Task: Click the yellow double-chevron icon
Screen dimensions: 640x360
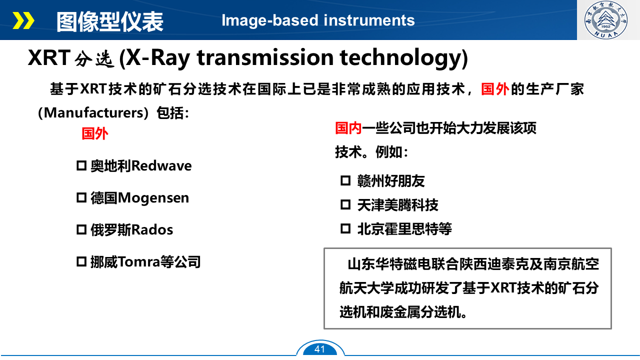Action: [23, 20]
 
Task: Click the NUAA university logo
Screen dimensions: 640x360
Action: [606, 19]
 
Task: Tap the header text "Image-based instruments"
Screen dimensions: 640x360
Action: [318, 20]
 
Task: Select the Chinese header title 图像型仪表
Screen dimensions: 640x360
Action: [109, 21]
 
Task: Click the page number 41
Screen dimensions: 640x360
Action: [319, 349]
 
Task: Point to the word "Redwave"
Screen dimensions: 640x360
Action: [161, 165]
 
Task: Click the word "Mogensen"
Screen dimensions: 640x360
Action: [153, 198]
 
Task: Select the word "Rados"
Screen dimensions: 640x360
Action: [152, 229]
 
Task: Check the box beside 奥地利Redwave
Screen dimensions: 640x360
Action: [81, 165]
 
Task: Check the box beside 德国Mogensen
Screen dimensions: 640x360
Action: [81, 197]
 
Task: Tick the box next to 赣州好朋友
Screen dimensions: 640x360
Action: [345, 180]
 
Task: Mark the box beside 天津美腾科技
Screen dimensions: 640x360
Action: [345, 204]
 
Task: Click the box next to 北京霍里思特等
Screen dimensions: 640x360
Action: [345, 228]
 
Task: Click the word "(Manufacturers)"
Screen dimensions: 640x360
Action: [93, 113]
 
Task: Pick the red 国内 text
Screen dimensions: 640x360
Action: [348, 128]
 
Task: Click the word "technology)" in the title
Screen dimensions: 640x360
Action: [403, 58]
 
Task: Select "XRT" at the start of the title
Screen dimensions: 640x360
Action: [49, 57]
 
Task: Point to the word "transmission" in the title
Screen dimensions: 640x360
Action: [265, 57]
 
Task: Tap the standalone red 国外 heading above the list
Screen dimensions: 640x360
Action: [95, 133]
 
